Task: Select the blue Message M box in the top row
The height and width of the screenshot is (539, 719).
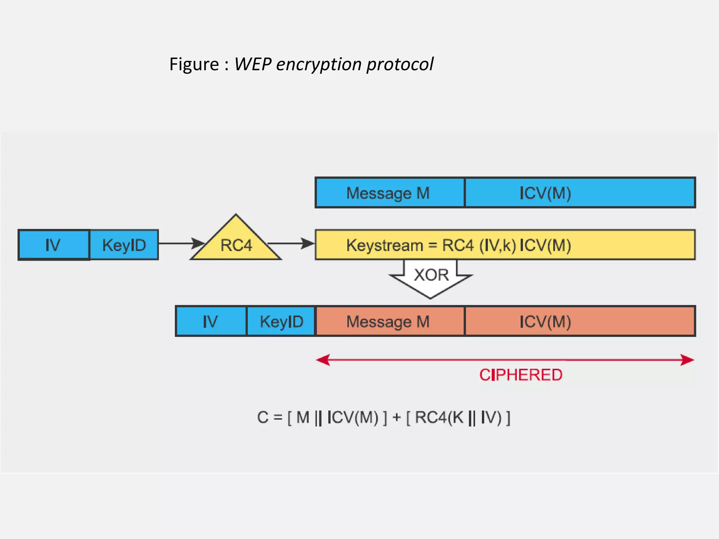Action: point(390,193)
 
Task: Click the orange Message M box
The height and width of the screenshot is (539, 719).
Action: point(390,321)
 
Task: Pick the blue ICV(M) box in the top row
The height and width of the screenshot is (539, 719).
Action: point(580,193)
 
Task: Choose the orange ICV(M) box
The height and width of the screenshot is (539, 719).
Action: point(580,321)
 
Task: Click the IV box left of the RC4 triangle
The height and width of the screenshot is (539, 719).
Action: point(54,245)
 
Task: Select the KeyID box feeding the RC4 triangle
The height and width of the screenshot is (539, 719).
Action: point(124,245)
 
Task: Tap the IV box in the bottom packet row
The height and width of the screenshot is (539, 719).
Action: point(211,321)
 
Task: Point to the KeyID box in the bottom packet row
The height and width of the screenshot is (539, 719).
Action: point(281,321)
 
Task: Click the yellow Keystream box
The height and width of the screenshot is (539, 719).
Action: point(505,245)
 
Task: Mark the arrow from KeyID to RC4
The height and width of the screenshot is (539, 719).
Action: point(181,243)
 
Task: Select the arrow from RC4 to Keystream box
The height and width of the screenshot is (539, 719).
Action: point(291,243)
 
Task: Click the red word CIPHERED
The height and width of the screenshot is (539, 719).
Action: point(521,375)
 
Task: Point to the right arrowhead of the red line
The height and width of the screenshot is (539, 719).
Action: point(687,360)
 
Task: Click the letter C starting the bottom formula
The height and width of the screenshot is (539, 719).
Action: point(263,418)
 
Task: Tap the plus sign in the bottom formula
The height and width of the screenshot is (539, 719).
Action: point(396,418)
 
